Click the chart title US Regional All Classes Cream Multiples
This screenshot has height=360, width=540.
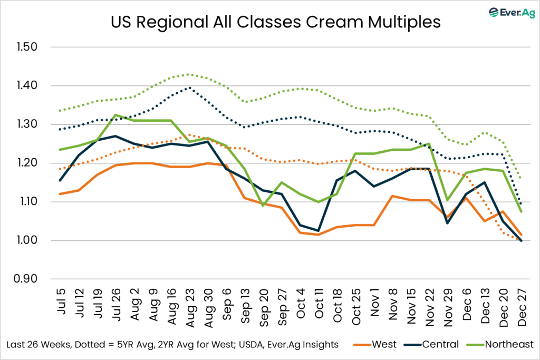275,23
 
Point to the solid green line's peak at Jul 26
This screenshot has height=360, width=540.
115,115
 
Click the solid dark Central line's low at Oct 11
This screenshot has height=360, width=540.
319,230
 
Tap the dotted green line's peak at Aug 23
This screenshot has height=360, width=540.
188,74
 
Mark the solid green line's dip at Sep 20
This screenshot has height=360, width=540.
263,205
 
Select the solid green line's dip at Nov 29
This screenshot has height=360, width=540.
447,200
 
